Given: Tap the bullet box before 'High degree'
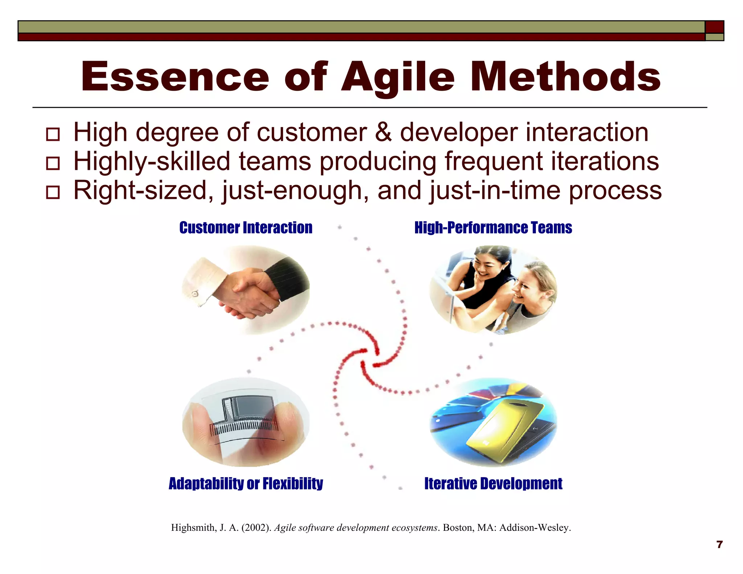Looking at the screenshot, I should pos(53,134).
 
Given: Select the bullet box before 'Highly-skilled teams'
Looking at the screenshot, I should pos(53,163).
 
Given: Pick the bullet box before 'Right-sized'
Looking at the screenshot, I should pos(53,192).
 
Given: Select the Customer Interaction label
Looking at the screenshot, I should pos(246,228).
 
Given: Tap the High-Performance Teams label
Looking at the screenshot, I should pos(493,228).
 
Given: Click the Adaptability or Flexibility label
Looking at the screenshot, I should pos(246,484).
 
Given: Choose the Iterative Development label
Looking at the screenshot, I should pos(493,484).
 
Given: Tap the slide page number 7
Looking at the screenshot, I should pos(720,545).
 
